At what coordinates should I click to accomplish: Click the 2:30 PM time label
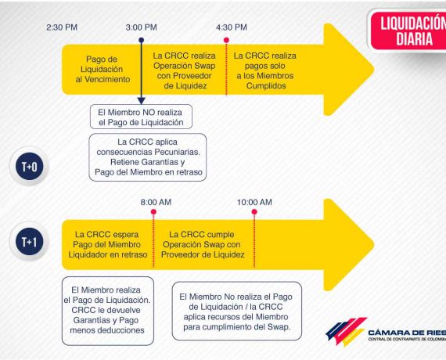point(62,27)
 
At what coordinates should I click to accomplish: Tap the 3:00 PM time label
point(142,27)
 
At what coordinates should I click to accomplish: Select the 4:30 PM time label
point(232,27)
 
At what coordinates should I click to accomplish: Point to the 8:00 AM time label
point(156,202)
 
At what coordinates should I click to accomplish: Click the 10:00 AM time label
point(254,202)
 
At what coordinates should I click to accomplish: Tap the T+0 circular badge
point(29,166)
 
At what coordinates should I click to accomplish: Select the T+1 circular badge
point(29,241)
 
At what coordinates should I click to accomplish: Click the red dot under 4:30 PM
point(226,40)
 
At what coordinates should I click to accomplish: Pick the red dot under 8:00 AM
point(153,212)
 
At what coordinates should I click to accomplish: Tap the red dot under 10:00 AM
point(254,212)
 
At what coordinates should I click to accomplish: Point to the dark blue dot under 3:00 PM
point(142,40)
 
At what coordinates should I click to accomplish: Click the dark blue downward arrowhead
point(142,101)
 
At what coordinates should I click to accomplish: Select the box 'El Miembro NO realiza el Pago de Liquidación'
point(141,117)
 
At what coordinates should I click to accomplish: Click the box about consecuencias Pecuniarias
point(148,157)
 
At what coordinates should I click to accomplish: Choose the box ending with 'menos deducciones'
point(108,311)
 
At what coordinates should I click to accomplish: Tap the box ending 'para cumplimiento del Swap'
point(236,311)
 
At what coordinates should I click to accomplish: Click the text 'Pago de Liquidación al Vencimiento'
point(103,69)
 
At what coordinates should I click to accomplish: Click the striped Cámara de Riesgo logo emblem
point(346,332)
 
